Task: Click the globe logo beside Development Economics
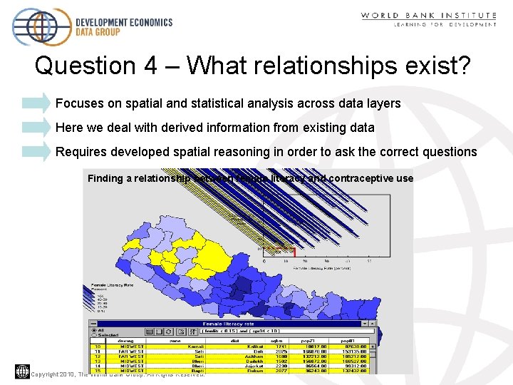41,27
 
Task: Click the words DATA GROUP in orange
98,32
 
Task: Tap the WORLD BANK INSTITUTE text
428,15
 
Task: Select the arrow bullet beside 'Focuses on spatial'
36,103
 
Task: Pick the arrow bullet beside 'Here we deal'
36,128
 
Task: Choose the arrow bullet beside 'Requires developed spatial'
36,152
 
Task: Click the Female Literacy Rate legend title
112,284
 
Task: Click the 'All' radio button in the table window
93,329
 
